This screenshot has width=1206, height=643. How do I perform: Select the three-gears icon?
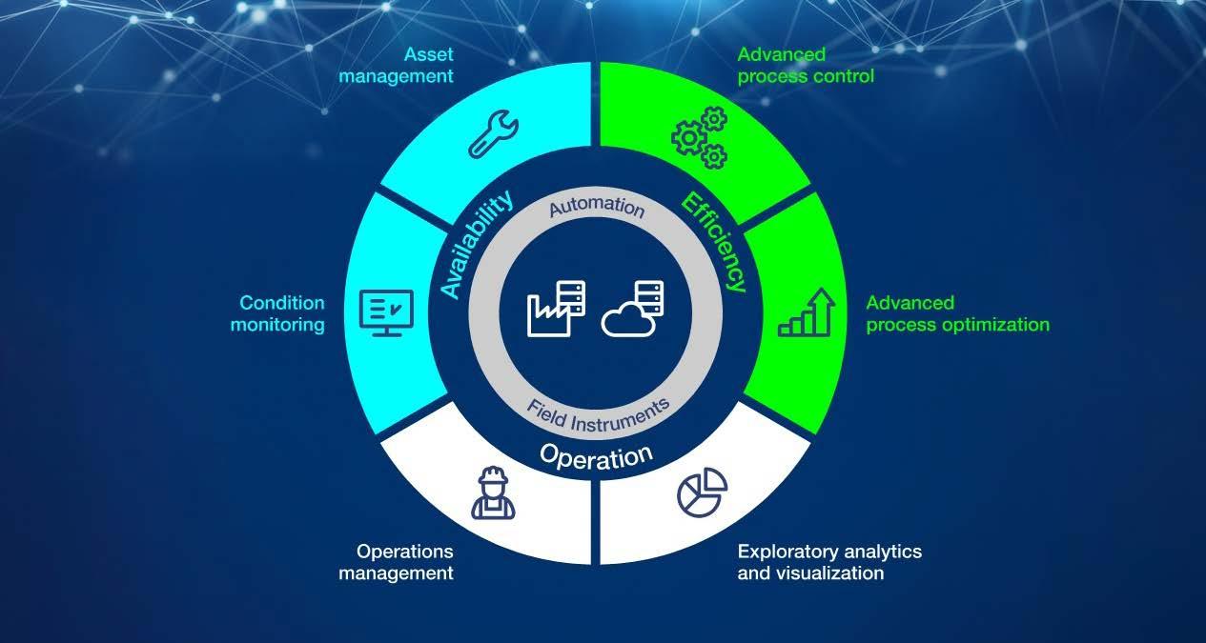(699, 137)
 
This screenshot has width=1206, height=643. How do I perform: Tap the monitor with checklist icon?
(385, 312)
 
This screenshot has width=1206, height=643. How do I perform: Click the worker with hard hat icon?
(493, 493)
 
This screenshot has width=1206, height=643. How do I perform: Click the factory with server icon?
(556, 308)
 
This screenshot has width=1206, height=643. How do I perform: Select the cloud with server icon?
(632, 308)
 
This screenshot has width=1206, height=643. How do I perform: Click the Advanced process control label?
(806, 65)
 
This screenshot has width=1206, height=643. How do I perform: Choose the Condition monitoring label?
(282, 313)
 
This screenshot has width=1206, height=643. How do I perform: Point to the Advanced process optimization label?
(957, 313)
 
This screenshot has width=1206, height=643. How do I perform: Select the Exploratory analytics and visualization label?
(829, 562)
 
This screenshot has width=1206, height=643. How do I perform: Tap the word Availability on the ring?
(477, 245)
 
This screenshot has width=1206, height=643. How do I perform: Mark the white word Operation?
(596, 454)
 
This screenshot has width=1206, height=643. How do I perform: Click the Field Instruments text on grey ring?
(598, 410)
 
